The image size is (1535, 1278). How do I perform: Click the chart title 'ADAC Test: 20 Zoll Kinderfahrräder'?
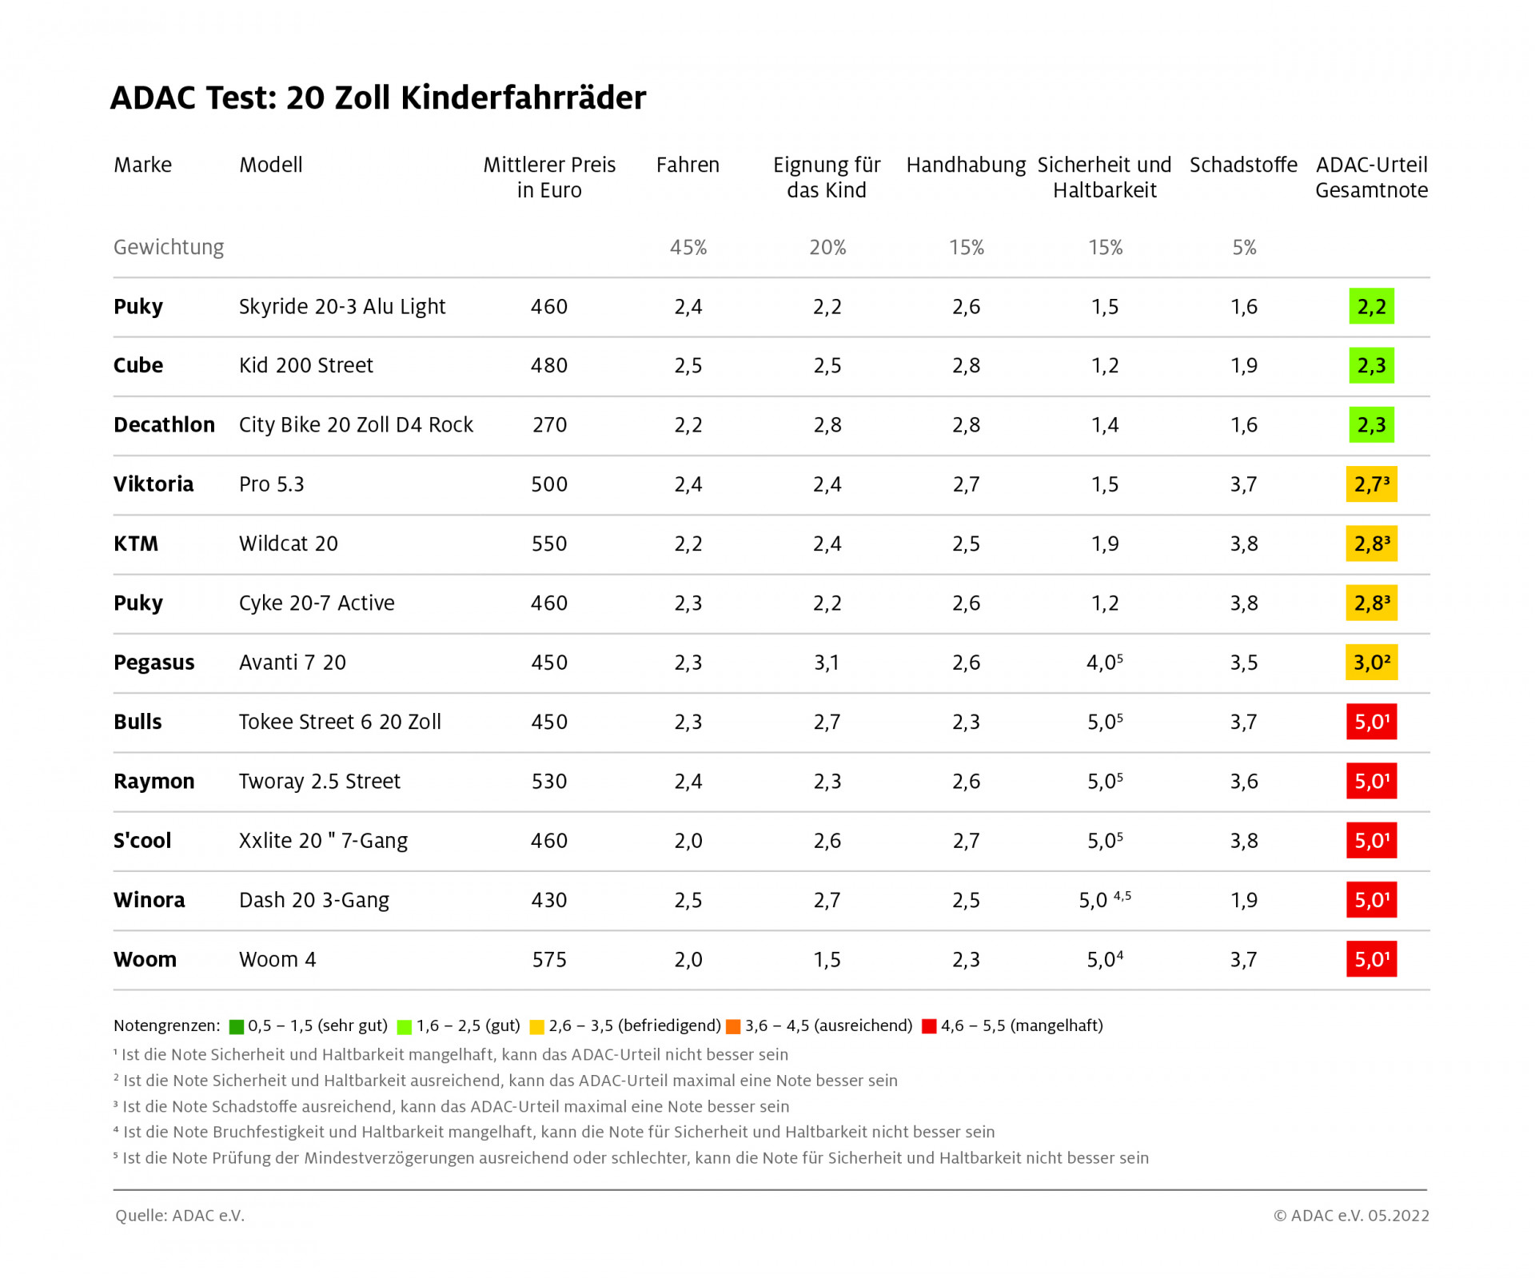pyautogui.click(x=377, y=98)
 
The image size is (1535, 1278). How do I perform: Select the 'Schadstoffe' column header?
pyautogui.click(x=1243, y=165)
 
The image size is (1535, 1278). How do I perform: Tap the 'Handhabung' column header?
pyautogui.click(x=966, y=165)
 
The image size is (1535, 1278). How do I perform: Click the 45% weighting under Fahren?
pyautogui.click(x=688, y=248)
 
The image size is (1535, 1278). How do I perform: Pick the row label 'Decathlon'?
pyautogui.click(x=164, y=424)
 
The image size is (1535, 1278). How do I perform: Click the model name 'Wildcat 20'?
pyautogui.click(x=289, y=543)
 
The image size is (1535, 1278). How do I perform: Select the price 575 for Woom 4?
pyautogui.click(x=549, y=959)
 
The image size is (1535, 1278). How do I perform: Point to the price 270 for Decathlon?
pyautogui.click(x=549, y=424)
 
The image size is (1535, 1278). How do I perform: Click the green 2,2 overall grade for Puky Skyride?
pyautogui.click(x=1371, y=306)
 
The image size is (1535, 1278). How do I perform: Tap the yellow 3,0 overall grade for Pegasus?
pyautogui.click(x=1371, y=663)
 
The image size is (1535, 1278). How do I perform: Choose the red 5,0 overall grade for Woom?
pyautogui.click(x=1371, y=959)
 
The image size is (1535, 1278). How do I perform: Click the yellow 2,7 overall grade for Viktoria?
pyautogui.click(x=1371, y=484)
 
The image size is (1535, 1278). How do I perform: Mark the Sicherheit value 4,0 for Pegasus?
pyautogui.click(x=1104, y=663)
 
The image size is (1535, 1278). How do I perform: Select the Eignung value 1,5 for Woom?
pyautogui.click(x=827, y=959)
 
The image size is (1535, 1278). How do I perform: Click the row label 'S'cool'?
pyautogui.click(x=142, y=841)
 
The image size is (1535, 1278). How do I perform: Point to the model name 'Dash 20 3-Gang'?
pyautogui.click(x=314, y=900)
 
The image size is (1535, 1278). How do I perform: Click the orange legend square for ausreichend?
pyautogui.click(x=733, y=1026)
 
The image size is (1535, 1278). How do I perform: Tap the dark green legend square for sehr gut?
pyautogui.click(x=237, y=1026)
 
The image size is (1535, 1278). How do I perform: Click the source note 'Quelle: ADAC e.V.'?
pyautogui.click(x=180, y=1216)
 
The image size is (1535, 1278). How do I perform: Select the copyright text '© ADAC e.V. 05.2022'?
pyautogui.click(x=1351, y=1216)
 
